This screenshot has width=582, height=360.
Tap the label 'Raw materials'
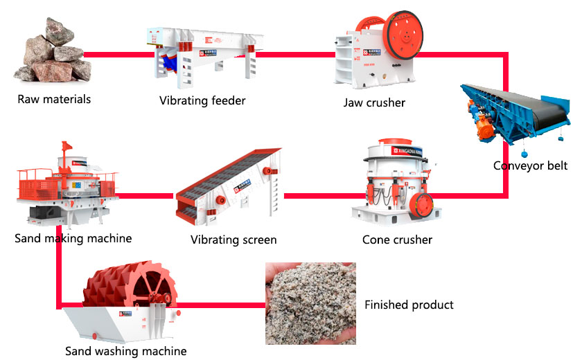[54, 99]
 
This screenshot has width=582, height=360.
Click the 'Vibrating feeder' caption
[202, 101]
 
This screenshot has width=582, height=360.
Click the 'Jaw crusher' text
[374, 102]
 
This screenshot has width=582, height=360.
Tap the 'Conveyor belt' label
[530, 165]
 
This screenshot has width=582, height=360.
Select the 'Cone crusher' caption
[397, 240]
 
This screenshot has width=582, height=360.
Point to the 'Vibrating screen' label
[233, 240]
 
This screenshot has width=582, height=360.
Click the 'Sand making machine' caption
[73, 239]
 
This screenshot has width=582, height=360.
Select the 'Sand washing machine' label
[125, 351]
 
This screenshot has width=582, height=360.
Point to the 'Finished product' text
[409, 305]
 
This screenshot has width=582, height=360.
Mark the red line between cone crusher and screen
[318, 196]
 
